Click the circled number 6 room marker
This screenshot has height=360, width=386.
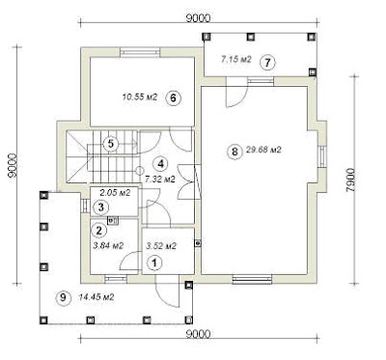click(x=174, y=97)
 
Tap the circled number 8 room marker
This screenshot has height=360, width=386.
click(x=234, y=151)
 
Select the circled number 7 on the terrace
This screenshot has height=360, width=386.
click(x=267, y=63)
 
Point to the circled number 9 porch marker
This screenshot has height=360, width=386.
click(x=63, y=297)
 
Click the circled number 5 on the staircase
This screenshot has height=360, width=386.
click(x=111, y=144)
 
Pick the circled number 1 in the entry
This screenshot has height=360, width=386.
click(x=154, y=263)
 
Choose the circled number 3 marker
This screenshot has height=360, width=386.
click(x=101, y=208)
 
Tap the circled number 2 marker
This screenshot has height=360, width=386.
click(x=98, y=230)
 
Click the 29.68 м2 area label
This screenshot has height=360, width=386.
click(x=263, y=150)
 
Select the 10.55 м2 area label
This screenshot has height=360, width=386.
click(x=140, y=97)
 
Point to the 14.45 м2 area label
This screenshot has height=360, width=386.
click(x=96, y=297)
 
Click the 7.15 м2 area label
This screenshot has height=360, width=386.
click(x=235, y=59)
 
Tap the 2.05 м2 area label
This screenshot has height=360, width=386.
click(x=115, y=193)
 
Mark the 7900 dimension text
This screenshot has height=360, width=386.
click(x=350, y=180)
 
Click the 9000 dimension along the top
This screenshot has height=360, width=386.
click(x=198, y=17)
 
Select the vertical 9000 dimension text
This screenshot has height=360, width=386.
click(x=13, y=165)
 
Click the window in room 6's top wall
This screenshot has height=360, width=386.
click(x=140, y=52)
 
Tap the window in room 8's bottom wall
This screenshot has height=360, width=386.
click(x=253, y=279)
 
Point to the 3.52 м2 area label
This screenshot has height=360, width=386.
click(x=161, y=246)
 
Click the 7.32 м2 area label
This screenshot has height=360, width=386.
click(x=160, y=180)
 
